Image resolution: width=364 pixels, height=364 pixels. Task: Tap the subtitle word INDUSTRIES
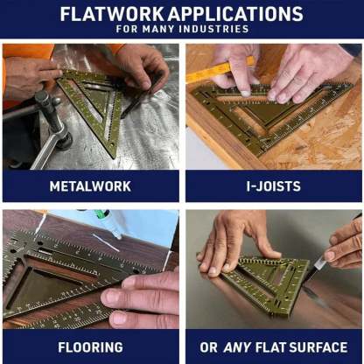[x=214, y=29]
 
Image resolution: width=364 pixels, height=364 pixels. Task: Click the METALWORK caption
[x=90, y=185]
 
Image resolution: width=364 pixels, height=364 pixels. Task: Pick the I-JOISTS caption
[x=273, y=185]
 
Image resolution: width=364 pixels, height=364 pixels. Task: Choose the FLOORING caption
[x=90, y=346]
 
